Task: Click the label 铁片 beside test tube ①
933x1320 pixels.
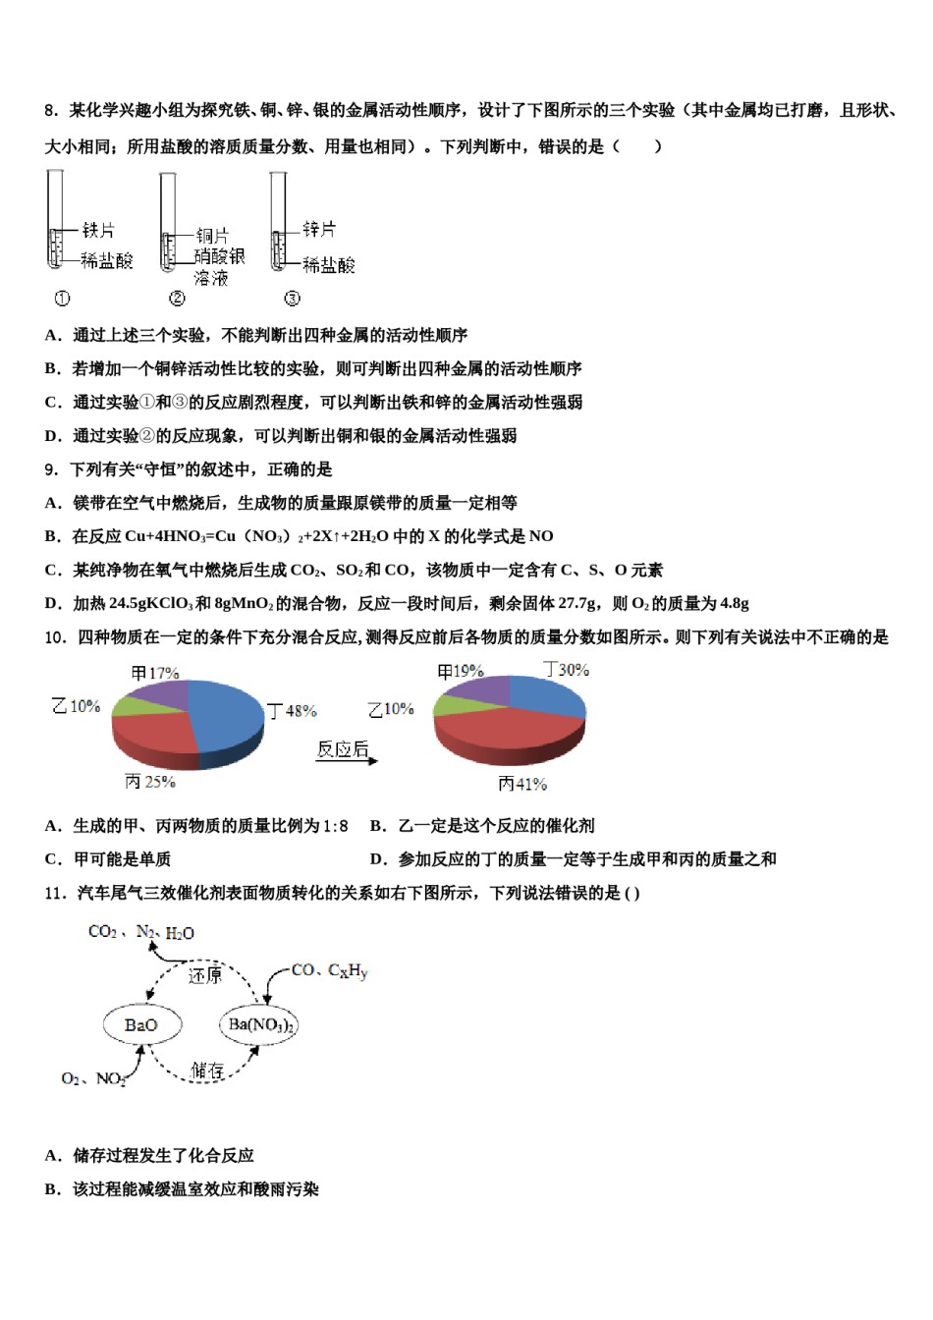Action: pos(98,230)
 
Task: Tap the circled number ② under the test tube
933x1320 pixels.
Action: pos(177,299)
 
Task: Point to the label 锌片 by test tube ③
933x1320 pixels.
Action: pos(318,229)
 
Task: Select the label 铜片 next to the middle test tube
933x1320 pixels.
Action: pos(212,236)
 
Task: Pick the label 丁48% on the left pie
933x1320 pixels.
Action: pos(292,710)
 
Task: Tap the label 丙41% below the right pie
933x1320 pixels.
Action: pos(521,784)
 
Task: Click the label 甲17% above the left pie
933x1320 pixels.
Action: pos(155,673)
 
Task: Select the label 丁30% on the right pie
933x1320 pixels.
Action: pos(567,670)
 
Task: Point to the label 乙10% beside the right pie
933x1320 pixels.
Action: pos(391,709)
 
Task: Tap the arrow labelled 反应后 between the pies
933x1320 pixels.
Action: pos(345,752)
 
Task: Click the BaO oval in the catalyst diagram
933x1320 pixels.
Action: pos(141,1025)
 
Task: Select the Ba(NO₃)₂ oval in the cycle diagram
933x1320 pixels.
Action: pos(259,1025)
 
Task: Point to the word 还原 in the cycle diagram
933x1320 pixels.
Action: pos(205,975)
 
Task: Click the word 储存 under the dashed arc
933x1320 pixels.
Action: pos(207,1070)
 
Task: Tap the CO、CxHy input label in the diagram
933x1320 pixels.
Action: pos(329,970)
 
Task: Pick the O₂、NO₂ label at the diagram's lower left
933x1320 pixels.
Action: pos(93,1078)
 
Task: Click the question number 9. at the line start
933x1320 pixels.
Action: pos(51,469)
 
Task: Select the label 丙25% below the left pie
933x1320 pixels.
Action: pos(150,782)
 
